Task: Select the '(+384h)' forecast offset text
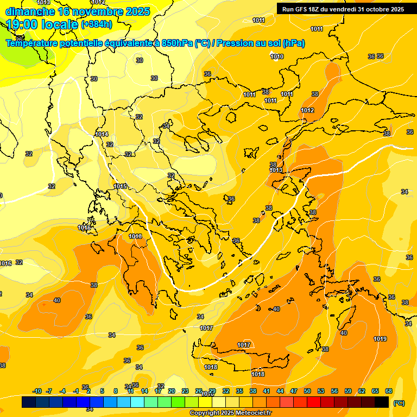(97, 24)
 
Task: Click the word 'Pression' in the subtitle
(235, 43)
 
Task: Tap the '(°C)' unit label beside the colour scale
(399, 403)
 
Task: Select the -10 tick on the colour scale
(37, 391)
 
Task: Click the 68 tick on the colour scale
(389, 391)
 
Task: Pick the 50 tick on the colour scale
(307, 391)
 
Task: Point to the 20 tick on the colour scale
(172, 391)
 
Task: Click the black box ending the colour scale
(382, 402)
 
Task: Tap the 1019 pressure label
(380, 339)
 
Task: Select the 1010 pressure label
(277, 57)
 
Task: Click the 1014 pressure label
(102, 134)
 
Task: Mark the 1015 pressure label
(121, 186)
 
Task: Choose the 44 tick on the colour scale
(280, 391)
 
